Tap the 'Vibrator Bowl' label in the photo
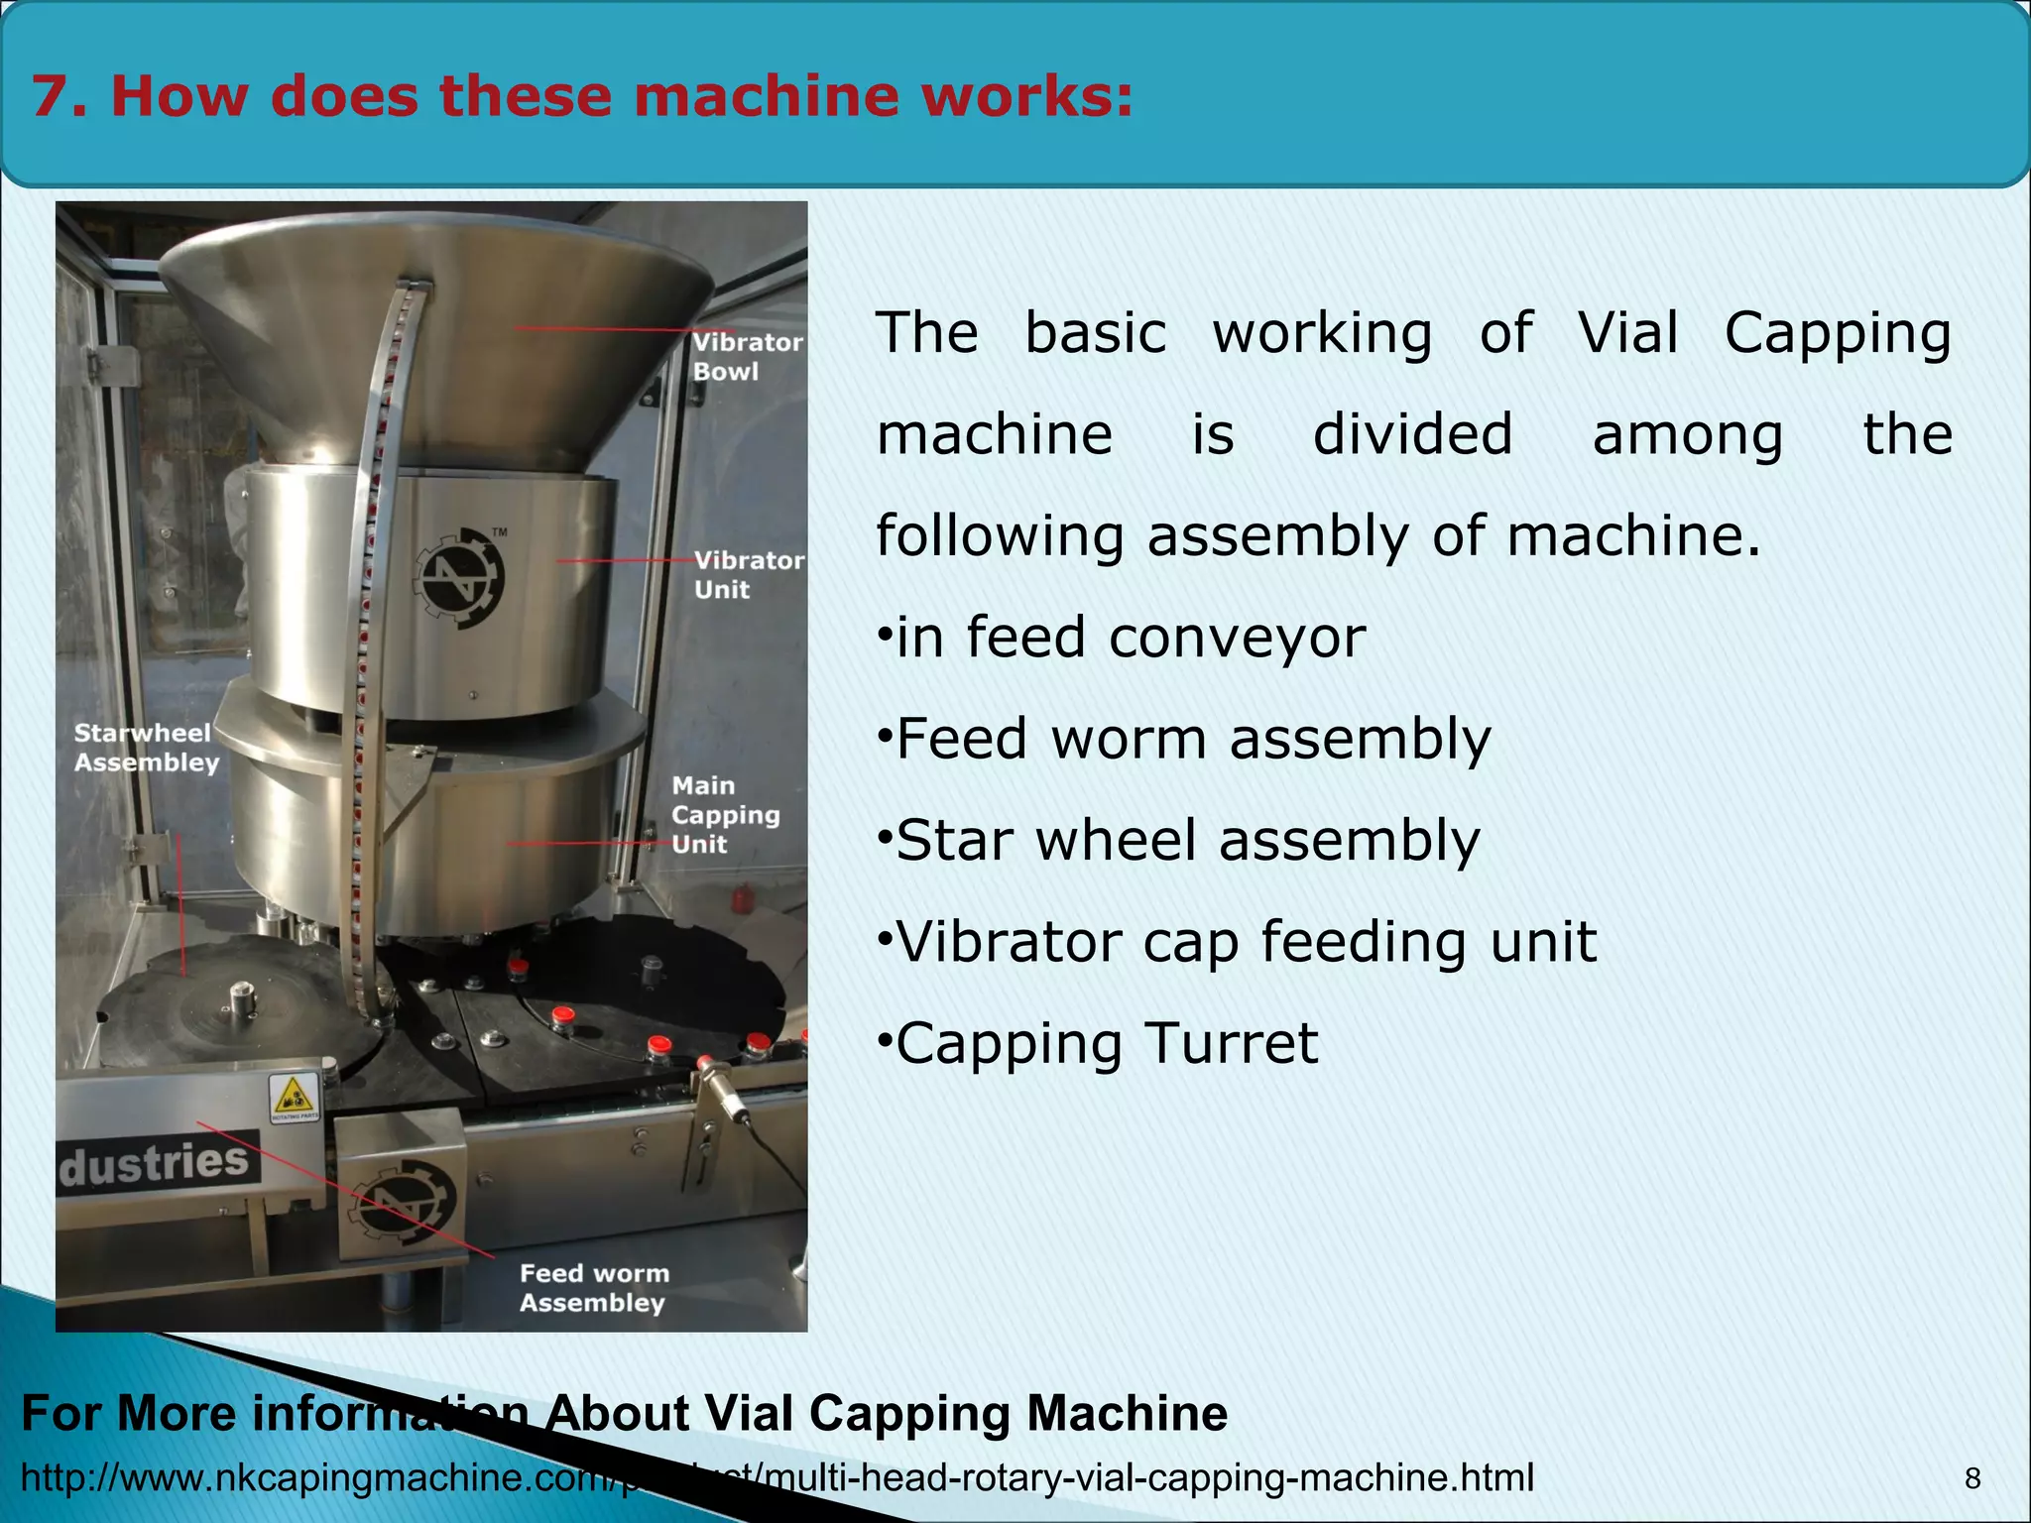point(746,357)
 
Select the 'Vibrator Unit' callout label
point(748,575)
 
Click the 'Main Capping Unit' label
point(724,815)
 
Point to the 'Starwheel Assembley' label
point(146,748)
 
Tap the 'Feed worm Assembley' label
point(594,1288)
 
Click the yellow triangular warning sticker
point(294,1096)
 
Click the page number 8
point(1972,1478)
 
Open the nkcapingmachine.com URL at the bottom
point(777,1477)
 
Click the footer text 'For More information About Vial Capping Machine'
point(624,1412)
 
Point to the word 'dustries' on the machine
point(156,1162)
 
